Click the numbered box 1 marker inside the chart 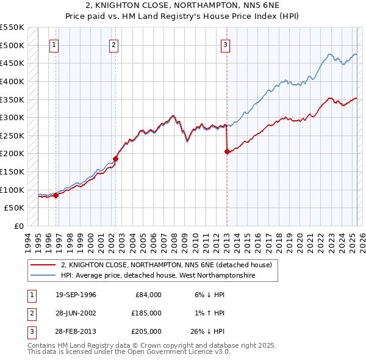(x=54, y=44)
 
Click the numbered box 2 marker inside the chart (x=114, y=44)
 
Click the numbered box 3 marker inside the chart (x=225, y=44)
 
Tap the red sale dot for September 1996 (x=56, y=195)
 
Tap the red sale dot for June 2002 (x=115, y=159)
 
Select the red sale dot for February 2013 (x=227, y=152)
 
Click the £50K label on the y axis (x=15, y=208)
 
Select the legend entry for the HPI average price (x=158, y=276)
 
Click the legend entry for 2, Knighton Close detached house (x=170, y=265)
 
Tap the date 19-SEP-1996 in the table (x=76, y=295)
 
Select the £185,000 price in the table (x=146, y=313)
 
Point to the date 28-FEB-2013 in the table (x=76, y=331)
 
